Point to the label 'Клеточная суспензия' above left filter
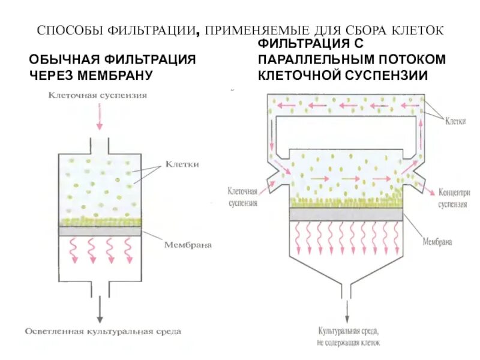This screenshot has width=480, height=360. (x=99, y=94)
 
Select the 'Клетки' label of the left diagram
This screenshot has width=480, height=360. (x=182, y=164)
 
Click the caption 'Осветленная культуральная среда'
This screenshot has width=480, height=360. (x=103, y=331)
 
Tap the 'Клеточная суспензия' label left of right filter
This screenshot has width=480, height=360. (x=242, y=197)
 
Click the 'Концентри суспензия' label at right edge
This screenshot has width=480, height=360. (x=454, y=198)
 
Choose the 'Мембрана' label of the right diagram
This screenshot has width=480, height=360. (x=437, y=242)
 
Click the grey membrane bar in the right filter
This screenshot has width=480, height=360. (x=346, y=214)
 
